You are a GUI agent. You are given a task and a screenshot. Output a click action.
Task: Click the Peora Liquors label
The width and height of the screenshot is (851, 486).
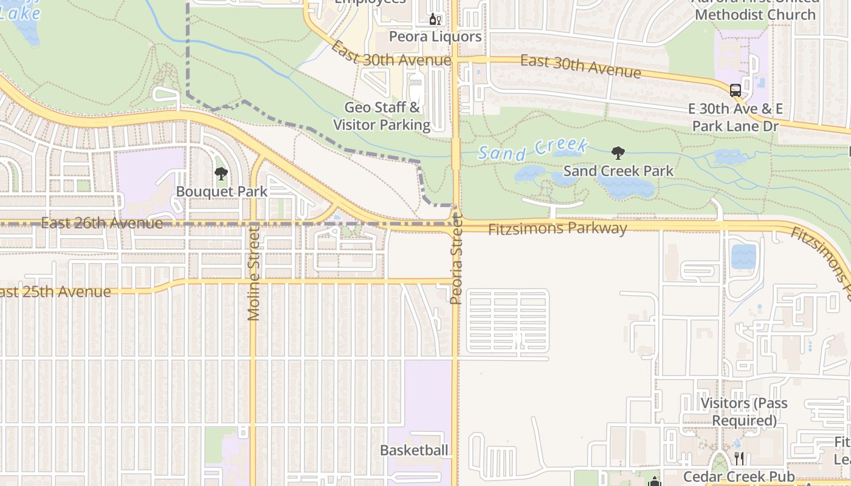tap(435, 36)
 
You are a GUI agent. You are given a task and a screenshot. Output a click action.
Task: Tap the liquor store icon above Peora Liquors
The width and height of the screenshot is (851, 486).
tap(435, 19)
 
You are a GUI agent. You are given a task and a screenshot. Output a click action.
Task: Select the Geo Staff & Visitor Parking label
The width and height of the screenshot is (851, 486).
tap(382, 116)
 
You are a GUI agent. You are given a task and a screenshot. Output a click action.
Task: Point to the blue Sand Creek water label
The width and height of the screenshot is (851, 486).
tap(532, 149)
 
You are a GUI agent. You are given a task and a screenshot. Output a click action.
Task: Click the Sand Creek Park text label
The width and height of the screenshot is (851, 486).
tap(618, 171)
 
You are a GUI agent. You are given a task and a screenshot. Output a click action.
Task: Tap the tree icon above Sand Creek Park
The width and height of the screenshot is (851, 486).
tap(618, 153)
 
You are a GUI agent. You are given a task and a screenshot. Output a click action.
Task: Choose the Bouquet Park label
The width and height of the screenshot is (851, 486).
tap(221, 191)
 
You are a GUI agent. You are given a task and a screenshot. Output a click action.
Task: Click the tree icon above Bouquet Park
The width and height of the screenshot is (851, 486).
tap(221, 174)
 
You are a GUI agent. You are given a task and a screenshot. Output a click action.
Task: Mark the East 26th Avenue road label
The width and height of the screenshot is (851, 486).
tap(102, 223)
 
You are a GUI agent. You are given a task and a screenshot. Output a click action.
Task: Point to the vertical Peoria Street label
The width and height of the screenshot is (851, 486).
tap(457, 261)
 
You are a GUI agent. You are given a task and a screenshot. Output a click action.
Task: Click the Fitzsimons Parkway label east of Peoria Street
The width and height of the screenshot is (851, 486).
tap(557, 228)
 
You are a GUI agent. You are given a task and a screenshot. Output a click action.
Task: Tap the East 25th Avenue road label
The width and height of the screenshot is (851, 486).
tap(55, 292)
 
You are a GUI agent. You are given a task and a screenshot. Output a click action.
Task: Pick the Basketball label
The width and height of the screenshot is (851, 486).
tap(414, 450)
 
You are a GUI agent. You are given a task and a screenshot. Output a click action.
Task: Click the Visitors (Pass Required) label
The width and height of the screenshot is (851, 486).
tap(744, 411)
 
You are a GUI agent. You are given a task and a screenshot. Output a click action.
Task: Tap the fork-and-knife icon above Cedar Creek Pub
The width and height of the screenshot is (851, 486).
tap(739, 458)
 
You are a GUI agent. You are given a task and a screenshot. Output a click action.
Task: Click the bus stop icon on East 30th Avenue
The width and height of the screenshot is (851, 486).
tap(736, 91)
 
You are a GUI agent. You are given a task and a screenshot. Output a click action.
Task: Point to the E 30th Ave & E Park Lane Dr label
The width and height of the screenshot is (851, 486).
tap(736, 117)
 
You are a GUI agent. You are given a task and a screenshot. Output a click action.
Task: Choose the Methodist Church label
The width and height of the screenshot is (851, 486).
tap(755, 13)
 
